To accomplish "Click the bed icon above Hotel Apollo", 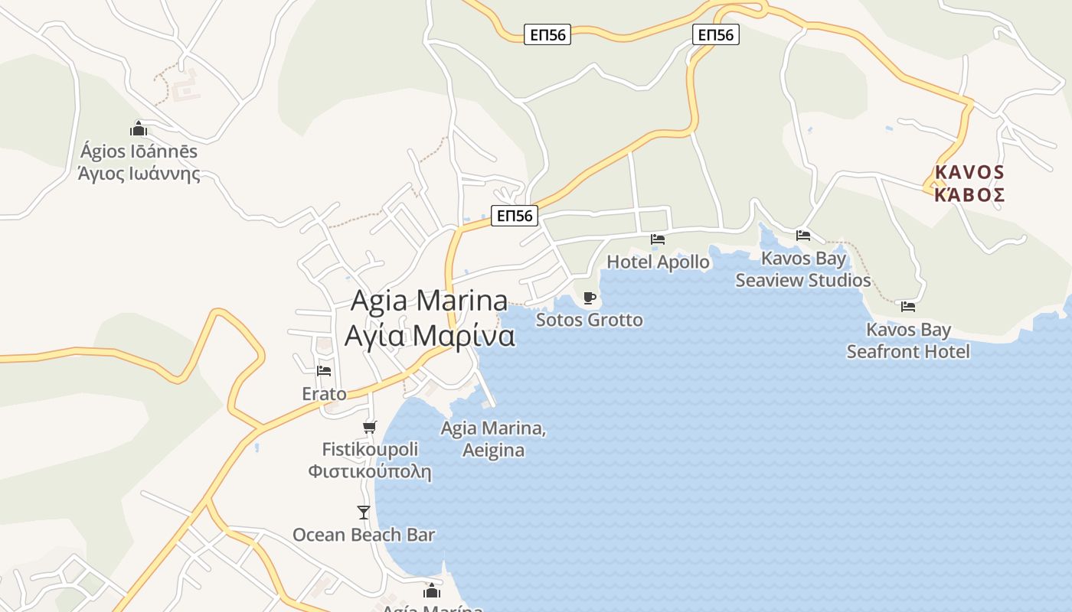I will [657, 239].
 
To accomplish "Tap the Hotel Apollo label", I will [658, 262].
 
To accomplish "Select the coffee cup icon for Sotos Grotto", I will [589, 298].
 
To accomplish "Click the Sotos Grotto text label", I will [589, 320].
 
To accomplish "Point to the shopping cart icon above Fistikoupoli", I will [370, 427].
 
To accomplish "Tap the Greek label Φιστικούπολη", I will [370, 471].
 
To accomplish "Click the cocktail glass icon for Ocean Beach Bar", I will [364, 512].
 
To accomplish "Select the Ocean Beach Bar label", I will [364, 535].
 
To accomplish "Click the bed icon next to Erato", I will [324, 371].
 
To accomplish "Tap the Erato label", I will [324, 394].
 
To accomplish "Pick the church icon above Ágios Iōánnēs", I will [139, 129].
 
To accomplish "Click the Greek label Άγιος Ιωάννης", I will [139, 174].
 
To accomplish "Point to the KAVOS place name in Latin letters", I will [969, 171].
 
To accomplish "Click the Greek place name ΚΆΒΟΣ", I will [969, 194].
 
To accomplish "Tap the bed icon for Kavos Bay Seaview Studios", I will [802, 236].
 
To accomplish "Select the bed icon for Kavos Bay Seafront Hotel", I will [908, 307].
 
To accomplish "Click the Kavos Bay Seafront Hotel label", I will [908, 340].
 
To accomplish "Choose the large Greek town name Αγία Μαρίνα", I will [429, 336].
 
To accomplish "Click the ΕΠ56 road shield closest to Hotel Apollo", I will [515, 216].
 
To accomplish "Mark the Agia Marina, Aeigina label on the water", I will [493, 439].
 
